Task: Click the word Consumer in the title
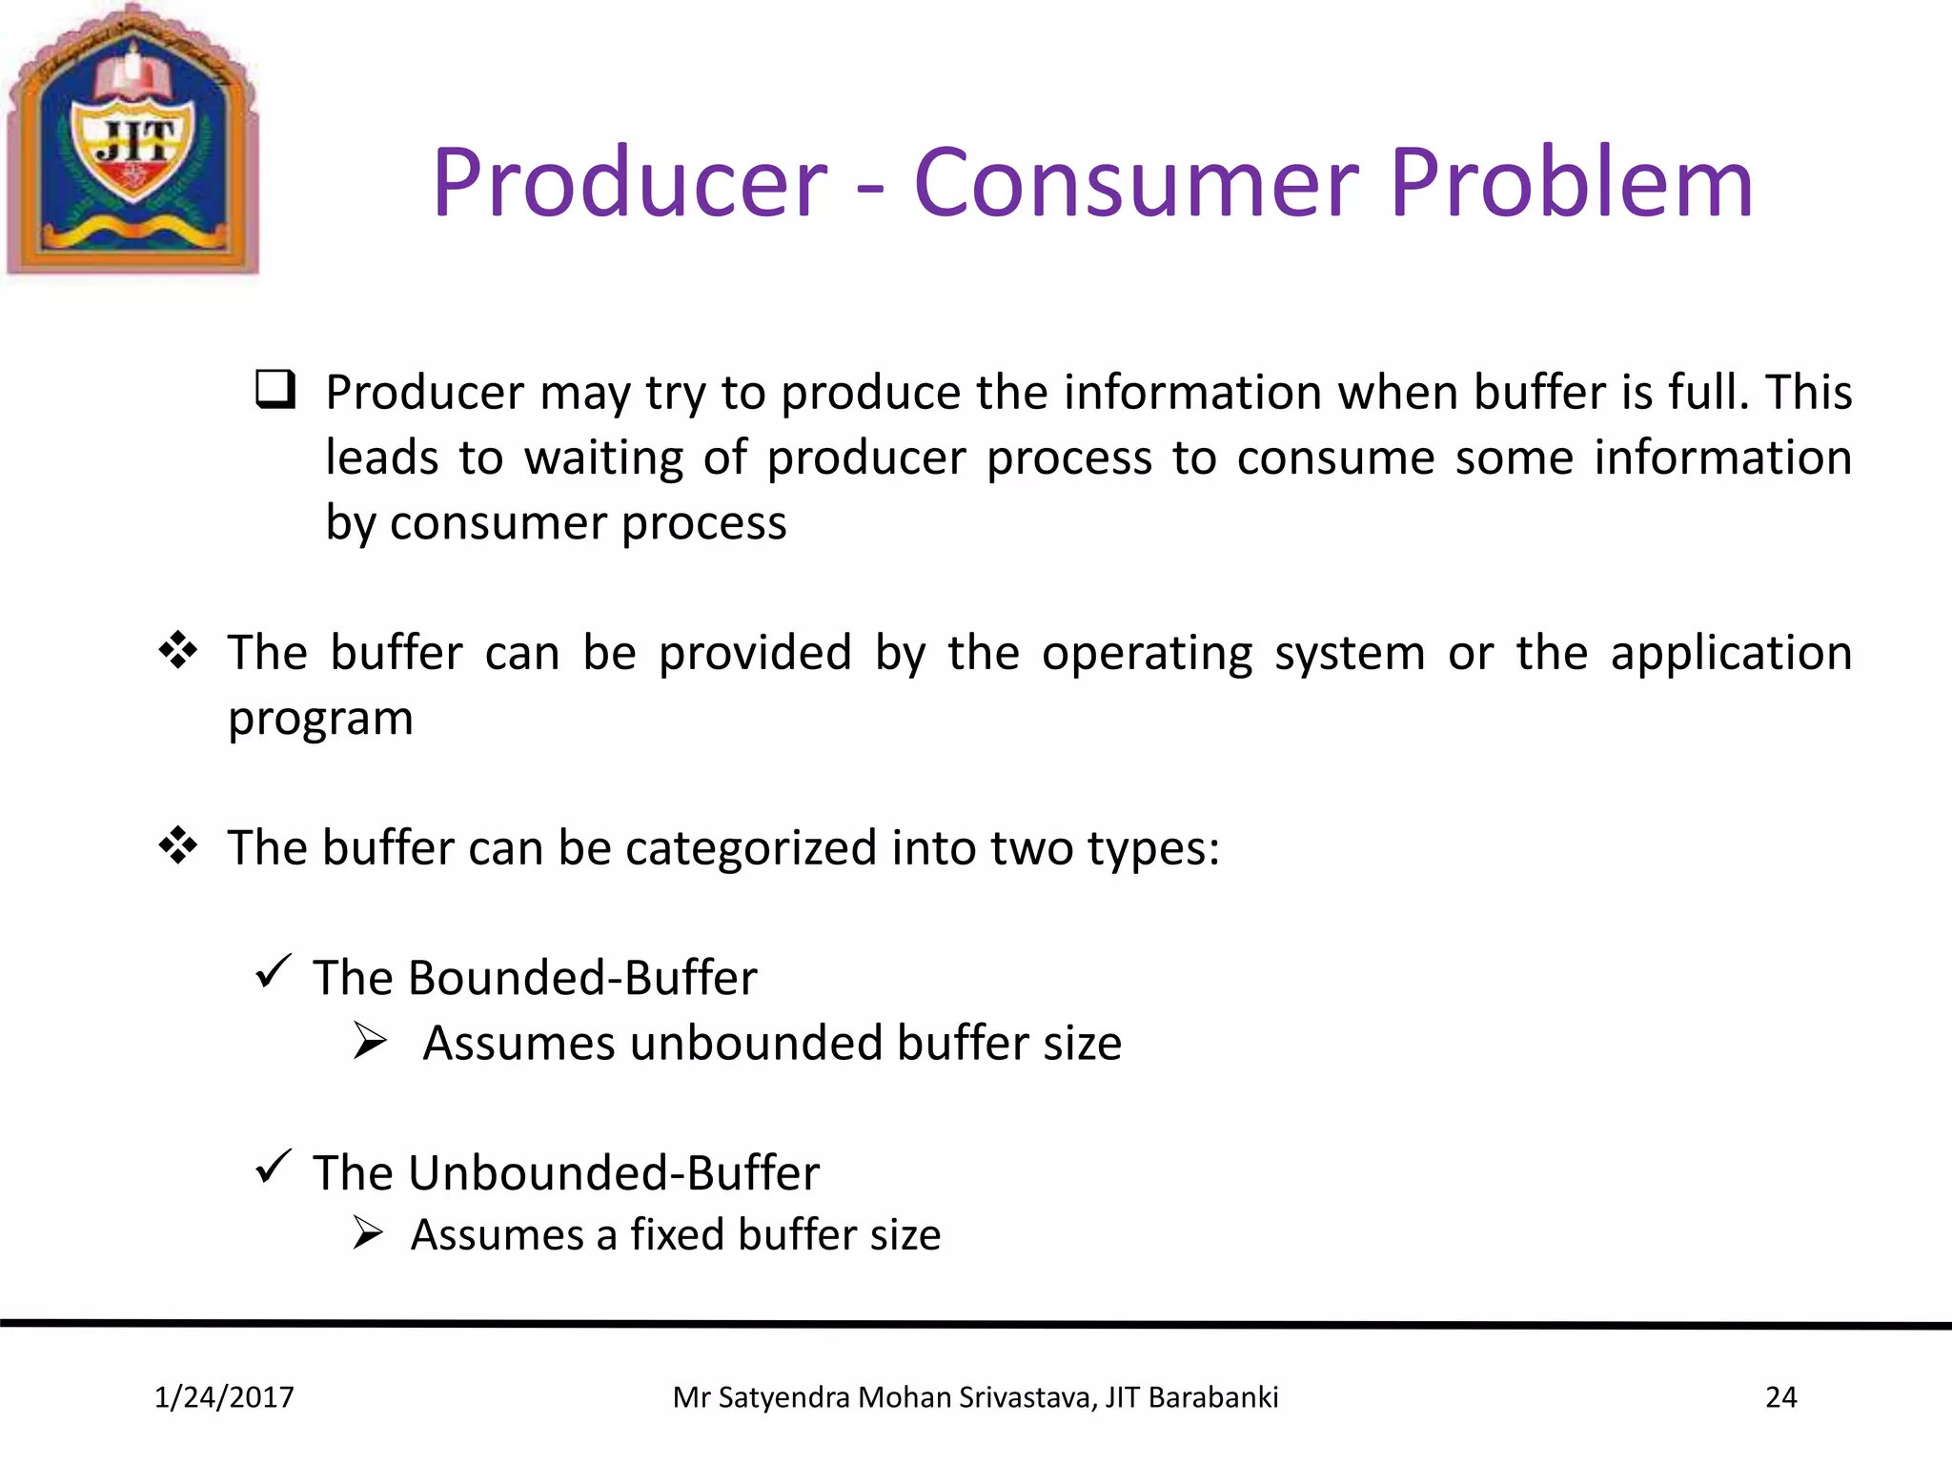pyautogui.click(x=1135, y=183)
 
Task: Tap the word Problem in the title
pyautogui.click(x=1570, y=183)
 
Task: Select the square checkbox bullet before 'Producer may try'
pyautogui.click(x=275, y=390)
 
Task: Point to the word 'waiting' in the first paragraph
pyautogui.click(x=603, y=458)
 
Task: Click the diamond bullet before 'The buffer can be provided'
pyautogui.click(x=178, y=651)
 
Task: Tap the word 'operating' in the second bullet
pyautogui.click(x=1147, y=655)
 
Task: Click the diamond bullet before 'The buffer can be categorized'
pyautogui.click(x=178, y=845)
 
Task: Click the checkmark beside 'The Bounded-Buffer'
pyautogui.click(x=273, y=971)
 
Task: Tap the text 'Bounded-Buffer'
pyautogui.click(x=582, y=978)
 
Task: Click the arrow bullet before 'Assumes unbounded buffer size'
pyautogui.click(x=370, y=1041)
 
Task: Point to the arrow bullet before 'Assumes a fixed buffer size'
pyautogui.click(x=368, y=1232)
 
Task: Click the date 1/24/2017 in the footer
pyautogui.click(x=224, y=1397)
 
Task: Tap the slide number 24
pyautogui.click(x=1780, y=1397)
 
